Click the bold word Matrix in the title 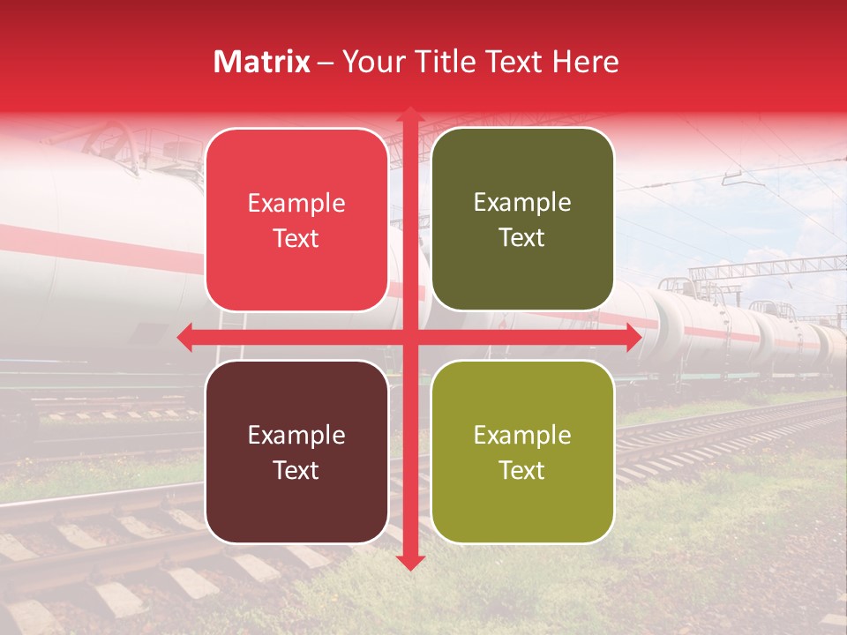click(262, 62)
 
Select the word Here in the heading click(586, 62)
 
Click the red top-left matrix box click(296, 220)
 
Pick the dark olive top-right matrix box click(522, 220)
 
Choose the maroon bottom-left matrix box click(296, 452)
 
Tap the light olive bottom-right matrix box click(522, 452)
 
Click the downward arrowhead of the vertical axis click(409, 562)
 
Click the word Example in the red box click(296, 204)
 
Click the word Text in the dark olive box click(522, 238)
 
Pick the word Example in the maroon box click(296, 435)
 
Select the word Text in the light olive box click(522, 470)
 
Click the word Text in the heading click(514, 62)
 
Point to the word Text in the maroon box click(296, 470)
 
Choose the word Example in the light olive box click(522, 435)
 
